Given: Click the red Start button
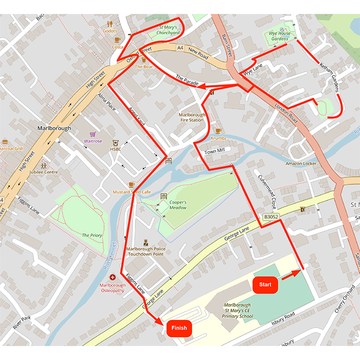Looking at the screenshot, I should tap(265, 284).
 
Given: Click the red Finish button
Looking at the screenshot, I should tap(179, 328).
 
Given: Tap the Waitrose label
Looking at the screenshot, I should tap(93, 141).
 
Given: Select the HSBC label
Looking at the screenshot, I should tap(116, 149).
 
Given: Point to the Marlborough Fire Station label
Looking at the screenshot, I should tap(192, 117).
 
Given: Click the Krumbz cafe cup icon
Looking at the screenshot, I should tap(219, 131).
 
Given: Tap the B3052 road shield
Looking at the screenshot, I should tap(271, 217).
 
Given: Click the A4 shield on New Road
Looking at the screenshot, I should tap(180, 47).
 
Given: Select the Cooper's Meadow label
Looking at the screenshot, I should tap(178, 205).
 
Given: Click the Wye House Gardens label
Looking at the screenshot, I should tap(279, 36).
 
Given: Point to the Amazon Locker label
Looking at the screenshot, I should tap(301, 163).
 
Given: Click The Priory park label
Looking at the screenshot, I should tap(92, 235).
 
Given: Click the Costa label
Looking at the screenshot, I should tap(117, 47).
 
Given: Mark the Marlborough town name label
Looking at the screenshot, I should tap(54, 128).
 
